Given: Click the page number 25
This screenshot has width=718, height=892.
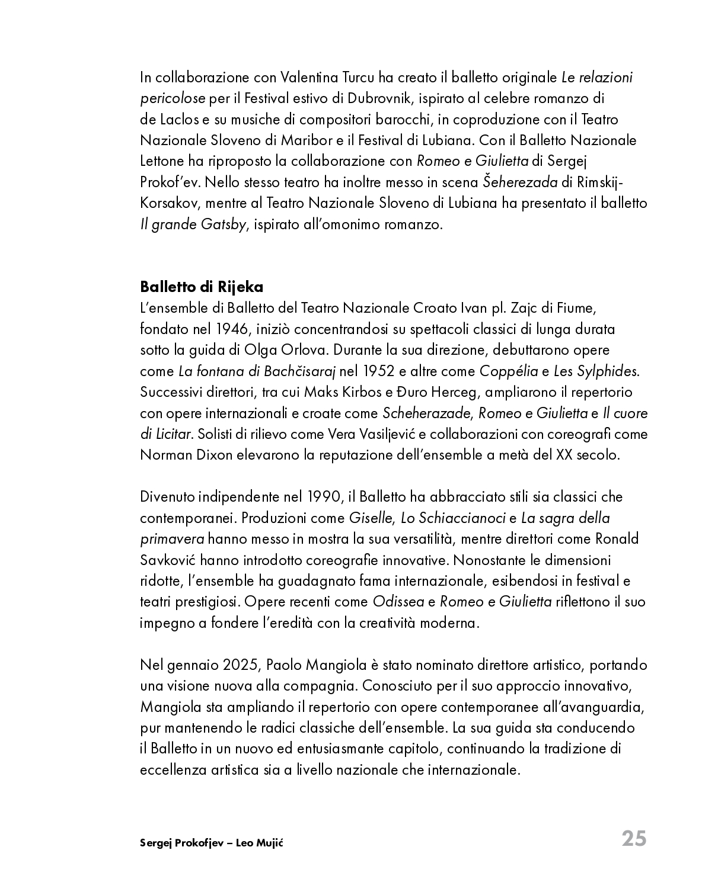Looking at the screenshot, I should (x=634, y=839).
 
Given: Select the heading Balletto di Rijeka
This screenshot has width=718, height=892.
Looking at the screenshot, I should (x=202, y=287).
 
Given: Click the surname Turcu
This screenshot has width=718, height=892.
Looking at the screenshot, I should (x=360, y=78).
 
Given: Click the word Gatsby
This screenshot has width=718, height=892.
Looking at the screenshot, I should (x=225, y=225).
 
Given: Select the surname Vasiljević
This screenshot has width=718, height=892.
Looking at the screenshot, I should (x=386, y=434).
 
